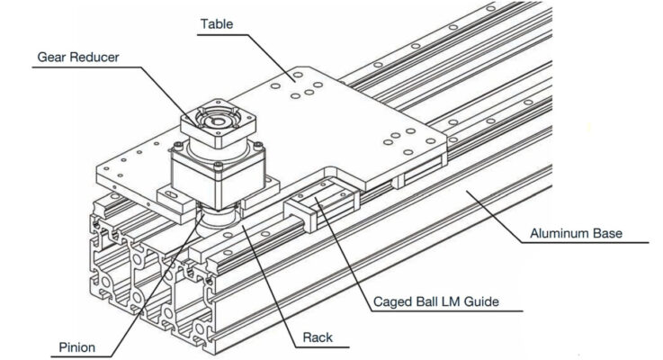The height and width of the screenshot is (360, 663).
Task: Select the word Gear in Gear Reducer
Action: [52, 57]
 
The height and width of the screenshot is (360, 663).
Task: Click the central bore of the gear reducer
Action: [215, 120]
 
